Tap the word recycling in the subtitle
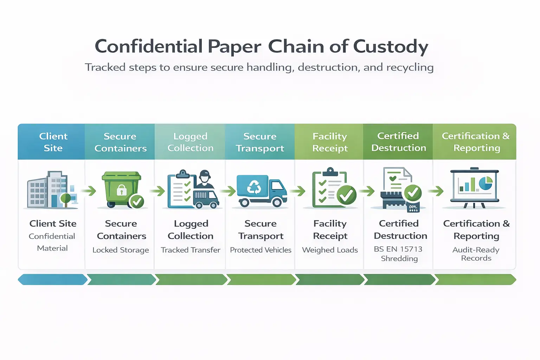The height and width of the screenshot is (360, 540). pyautogui.click(x=410, y=67)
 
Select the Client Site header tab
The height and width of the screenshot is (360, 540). pyautogui.click(x=53, y=142)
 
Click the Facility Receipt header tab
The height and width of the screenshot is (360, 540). pyautogui.click(x=330, y=142)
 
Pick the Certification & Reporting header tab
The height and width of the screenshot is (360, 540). pyautogui.click(x=476, y=142)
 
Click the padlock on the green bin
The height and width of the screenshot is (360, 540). pyautogui.click(x=122, y=190)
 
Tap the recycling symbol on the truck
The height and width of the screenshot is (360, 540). pyautogui.click(x=254, y=187)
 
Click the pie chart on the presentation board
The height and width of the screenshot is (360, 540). pyautogui.click(x=486, y=183)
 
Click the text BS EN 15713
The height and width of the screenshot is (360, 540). pyautogui.click(x=398, y=249)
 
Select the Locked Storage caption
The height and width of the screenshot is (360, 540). pyautogui.click(x=121, y=250)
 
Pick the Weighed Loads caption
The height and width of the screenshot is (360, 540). pyautogui.click(x=330, y=250)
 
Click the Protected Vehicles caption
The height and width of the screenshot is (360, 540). pyautogui.click(x=261, y=250)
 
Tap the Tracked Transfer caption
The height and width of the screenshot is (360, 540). pyautogui.click(x=191, y=250)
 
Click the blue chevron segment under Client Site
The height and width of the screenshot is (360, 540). pyautogui.click(x=52, y=279)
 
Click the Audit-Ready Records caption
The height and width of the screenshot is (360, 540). pyautogui.click(x=476, y=254)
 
